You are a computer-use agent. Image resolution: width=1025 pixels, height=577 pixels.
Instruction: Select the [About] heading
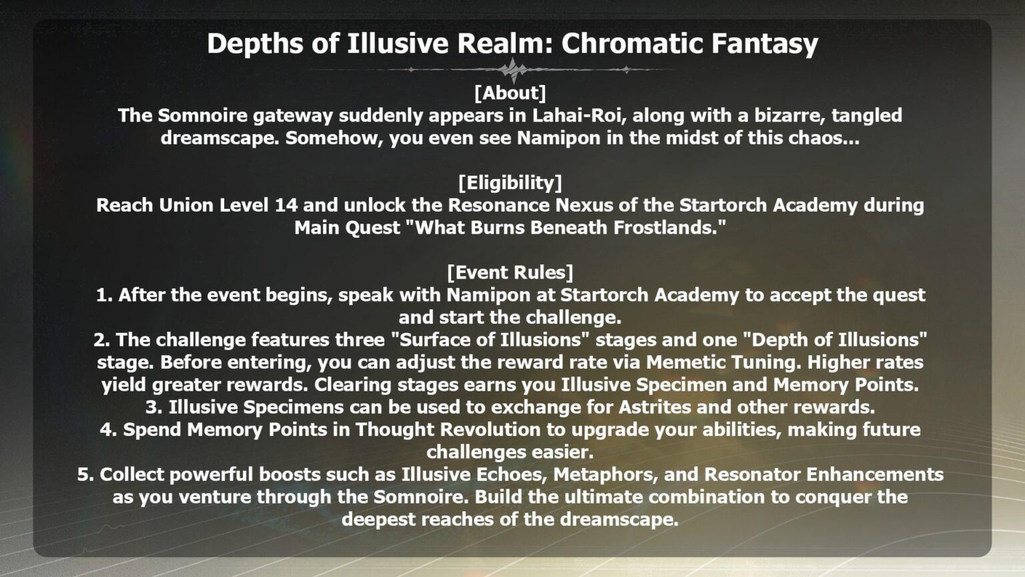click(x=510, y=92)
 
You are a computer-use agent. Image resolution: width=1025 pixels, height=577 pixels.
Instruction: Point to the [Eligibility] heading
click(x=510, y=182)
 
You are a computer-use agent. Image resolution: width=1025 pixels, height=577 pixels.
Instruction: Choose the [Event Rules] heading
click(x=510, y=272)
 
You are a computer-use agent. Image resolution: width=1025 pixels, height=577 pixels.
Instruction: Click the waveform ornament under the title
click(x=512, y=69)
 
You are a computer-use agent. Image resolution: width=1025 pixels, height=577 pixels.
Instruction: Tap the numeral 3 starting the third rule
click(x=151, y=407)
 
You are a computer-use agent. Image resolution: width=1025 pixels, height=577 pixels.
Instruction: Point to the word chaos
click(x=827, y=138)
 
